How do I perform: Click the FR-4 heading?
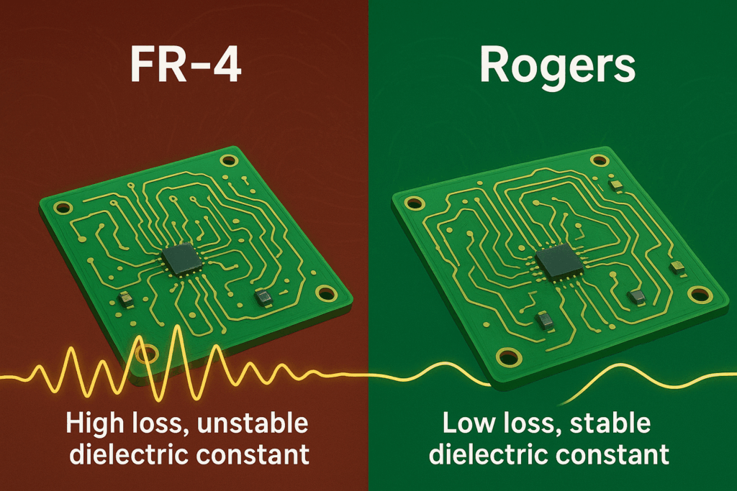tap(186, 65)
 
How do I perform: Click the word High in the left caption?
tap(94, 424)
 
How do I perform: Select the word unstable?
tap(253, 423)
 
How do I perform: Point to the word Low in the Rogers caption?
tap(468, 423)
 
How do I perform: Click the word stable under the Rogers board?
tap(610, 423)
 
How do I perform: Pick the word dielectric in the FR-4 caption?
tap(128, 454)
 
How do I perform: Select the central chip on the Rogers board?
tap(560, 262)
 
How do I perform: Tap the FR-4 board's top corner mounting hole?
tap(229, 160)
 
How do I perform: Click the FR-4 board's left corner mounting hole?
tap(63, 207)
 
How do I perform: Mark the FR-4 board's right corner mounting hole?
tap(326, 294)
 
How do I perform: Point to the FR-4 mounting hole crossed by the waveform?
tap(147, 354)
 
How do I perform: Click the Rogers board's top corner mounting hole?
tap(600, 160)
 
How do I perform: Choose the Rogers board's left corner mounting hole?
tap(414, 203)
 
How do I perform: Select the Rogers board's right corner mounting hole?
tap(700, 294)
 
